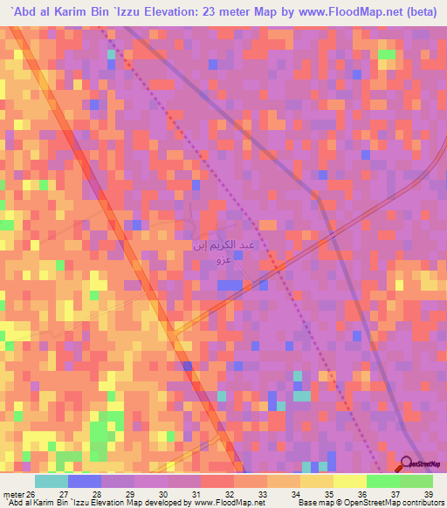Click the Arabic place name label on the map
click(x=224, y=253)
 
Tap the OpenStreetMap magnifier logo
click(x=406, y=464)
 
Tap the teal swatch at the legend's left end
click(x=52, y=481)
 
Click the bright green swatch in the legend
click(x=383, y=481)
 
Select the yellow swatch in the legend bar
click(x=317, y=481)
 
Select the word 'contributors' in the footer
click(x=418, y=502)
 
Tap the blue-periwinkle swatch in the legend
click(x=85, y=481)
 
